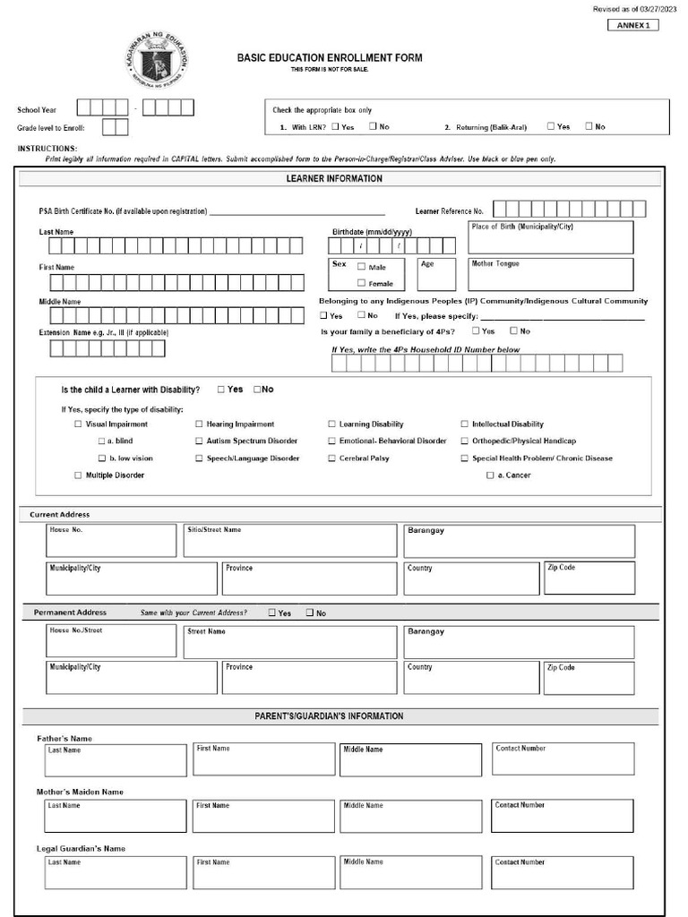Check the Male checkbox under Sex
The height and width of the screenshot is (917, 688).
pos(362,267)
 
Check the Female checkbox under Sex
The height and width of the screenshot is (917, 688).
pos(362,283)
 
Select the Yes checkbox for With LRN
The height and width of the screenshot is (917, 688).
pos(335,126)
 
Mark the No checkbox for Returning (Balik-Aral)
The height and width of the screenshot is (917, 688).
pos(589,126)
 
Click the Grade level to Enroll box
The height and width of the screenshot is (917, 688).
pos(115,127)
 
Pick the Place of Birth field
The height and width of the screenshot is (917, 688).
pos(550,237)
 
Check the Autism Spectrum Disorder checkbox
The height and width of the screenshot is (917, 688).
pos(199,441)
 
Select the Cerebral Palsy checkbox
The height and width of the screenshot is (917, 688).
pos(331,458)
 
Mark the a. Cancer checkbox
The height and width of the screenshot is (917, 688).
pos(490,476)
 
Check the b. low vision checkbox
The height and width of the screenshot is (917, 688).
pos(102,458)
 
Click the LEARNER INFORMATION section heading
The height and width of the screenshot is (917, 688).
pos(334,179)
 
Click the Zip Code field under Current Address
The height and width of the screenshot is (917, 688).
pos(589,578)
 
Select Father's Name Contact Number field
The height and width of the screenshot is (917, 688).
pos(563,759)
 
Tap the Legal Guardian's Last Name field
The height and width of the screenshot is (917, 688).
pos(116,873)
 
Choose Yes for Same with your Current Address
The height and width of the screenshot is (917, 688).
pos(271,613)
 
